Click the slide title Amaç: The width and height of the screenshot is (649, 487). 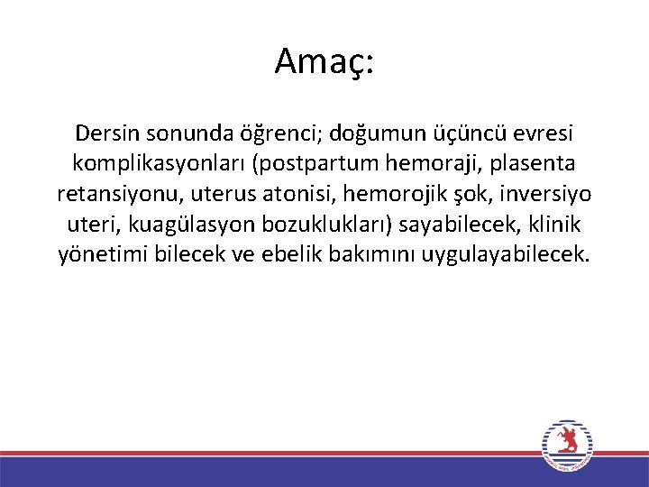coord(324,61)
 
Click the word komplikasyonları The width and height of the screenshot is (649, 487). coord(157,164)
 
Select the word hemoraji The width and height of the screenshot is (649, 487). coord(434,164)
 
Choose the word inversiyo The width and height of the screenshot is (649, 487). coord(548,194)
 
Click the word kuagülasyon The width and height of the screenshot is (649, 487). coord(168,225)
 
